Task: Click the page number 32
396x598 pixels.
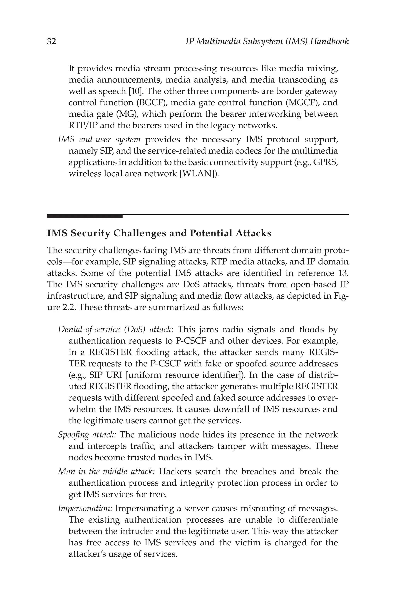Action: pyautogui.click(x=51, y=41)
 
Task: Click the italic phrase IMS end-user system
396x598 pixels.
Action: pyautogui.click(x=99, y=139)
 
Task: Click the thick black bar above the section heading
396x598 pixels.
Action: pyautogui.click(x=85, y=216)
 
